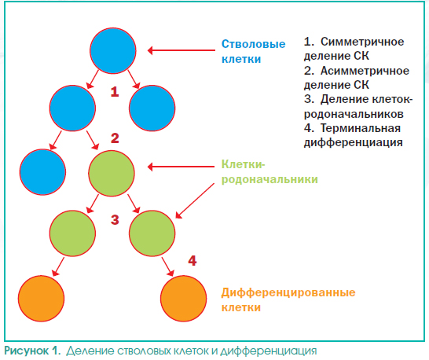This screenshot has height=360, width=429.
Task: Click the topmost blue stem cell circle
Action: (x=113, y=50)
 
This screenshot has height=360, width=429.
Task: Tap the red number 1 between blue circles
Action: (x=115, y=92)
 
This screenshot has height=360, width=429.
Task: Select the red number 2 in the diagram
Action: (x=115, y=138)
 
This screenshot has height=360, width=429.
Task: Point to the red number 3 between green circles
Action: (x=115, y=219)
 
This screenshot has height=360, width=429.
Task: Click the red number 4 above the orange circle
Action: (x=192, y=261)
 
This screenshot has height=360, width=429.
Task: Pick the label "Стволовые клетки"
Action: (x=253, y=51)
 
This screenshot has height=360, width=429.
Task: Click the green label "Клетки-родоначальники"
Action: (x=269, y=172)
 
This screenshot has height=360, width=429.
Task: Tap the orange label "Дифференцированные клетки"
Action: (x=288, y=299)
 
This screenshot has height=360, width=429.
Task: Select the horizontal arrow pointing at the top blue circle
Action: (x=181, y=50)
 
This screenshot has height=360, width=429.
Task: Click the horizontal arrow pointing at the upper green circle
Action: (x=181, y=167)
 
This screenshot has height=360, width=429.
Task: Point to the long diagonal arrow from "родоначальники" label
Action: (x=195, y=201)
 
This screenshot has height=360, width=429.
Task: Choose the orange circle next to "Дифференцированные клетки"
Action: (x=183, y=299)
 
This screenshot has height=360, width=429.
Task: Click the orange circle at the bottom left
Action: (x=42, y=299)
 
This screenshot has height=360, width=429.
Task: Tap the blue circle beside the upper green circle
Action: (x=42, y=172)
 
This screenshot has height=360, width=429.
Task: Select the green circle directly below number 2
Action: (x=112, y=173)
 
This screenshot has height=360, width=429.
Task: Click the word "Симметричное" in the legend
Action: (x=362, y=42)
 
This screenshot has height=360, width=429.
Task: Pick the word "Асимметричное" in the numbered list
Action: (x=365, y=71)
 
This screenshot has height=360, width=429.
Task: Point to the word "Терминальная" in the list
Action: (x=361, y=128)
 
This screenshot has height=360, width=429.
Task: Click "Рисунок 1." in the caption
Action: (x=32, y=351)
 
